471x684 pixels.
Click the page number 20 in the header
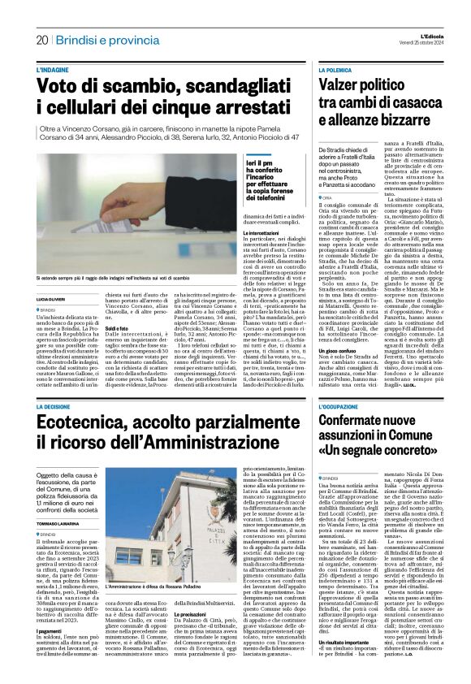click(x=42, y=40)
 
